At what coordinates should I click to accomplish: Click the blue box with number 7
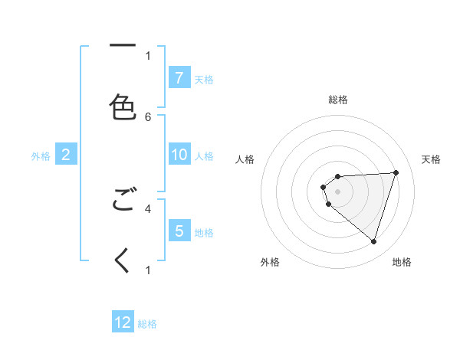tap(179, 77)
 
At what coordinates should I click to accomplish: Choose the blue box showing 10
tap(179, 155)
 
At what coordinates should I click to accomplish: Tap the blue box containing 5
tap(179, 231)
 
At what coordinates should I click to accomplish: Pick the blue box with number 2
tap(66, 155)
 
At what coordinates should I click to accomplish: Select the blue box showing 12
tap(123, 322)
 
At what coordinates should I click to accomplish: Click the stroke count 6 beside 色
tap(148, 116)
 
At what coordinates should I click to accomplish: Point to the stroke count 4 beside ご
tap(148, 208)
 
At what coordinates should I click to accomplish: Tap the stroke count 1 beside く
tap(148, 270)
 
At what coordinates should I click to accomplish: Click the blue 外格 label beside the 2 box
tap(41, 156)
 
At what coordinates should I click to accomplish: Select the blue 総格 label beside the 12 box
tap(147, 324)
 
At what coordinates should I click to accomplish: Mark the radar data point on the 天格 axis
tap(396, 172)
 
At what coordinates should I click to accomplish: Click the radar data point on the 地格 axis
tap(373, 241)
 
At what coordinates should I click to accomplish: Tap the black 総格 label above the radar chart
tap(338, 100)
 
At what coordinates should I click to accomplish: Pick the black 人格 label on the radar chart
tap(245, 159)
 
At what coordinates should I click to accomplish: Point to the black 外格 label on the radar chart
tap(270, 262)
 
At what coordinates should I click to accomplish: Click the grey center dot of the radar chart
tap(338, 191)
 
